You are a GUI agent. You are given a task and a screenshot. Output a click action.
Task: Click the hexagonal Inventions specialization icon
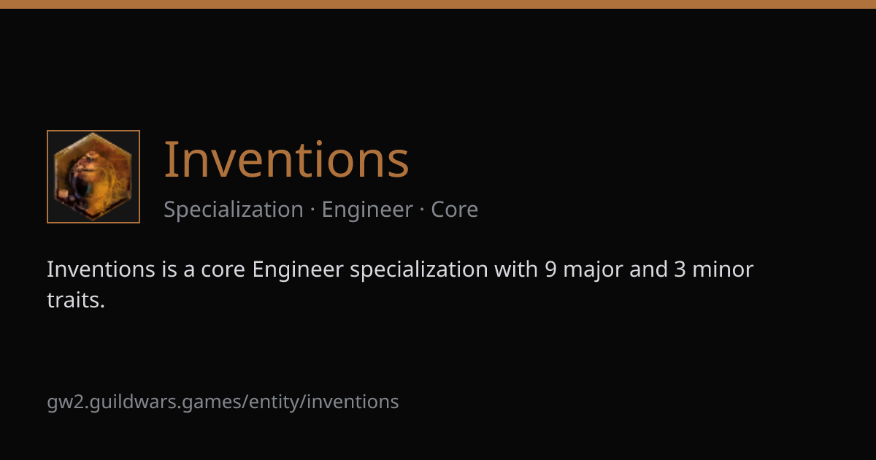click(93, 177)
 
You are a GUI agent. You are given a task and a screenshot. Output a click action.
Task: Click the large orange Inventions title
click(286, 160)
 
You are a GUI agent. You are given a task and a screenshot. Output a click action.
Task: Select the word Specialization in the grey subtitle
click(234, 210)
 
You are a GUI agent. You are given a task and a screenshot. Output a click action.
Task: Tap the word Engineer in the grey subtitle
click(367, 210)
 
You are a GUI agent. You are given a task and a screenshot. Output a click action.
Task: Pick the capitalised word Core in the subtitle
click(454, 210)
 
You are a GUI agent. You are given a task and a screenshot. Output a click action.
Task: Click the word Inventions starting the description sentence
click(101, 269)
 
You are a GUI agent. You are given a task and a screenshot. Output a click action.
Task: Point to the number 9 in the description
click(550, 269)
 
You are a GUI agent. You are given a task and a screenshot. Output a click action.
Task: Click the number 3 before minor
click(680, 269)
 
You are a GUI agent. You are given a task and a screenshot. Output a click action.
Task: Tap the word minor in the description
click(723, 269)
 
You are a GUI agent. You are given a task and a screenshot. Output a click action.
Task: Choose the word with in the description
click(516, 269)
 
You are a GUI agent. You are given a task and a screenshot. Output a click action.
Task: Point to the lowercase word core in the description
click(223, 270)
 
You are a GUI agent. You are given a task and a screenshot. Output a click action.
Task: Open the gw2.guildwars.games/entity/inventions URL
click(223, 402)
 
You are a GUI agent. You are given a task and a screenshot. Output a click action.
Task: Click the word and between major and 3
click(648, 269)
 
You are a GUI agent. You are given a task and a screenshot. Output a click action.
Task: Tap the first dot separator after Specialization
click(312, 210)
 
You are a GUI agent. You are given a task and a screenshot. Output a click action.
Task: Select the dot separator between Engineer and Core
click(422, 210)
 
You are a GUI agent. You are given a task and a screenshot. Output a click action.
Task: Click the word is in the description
click(169, 269)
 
